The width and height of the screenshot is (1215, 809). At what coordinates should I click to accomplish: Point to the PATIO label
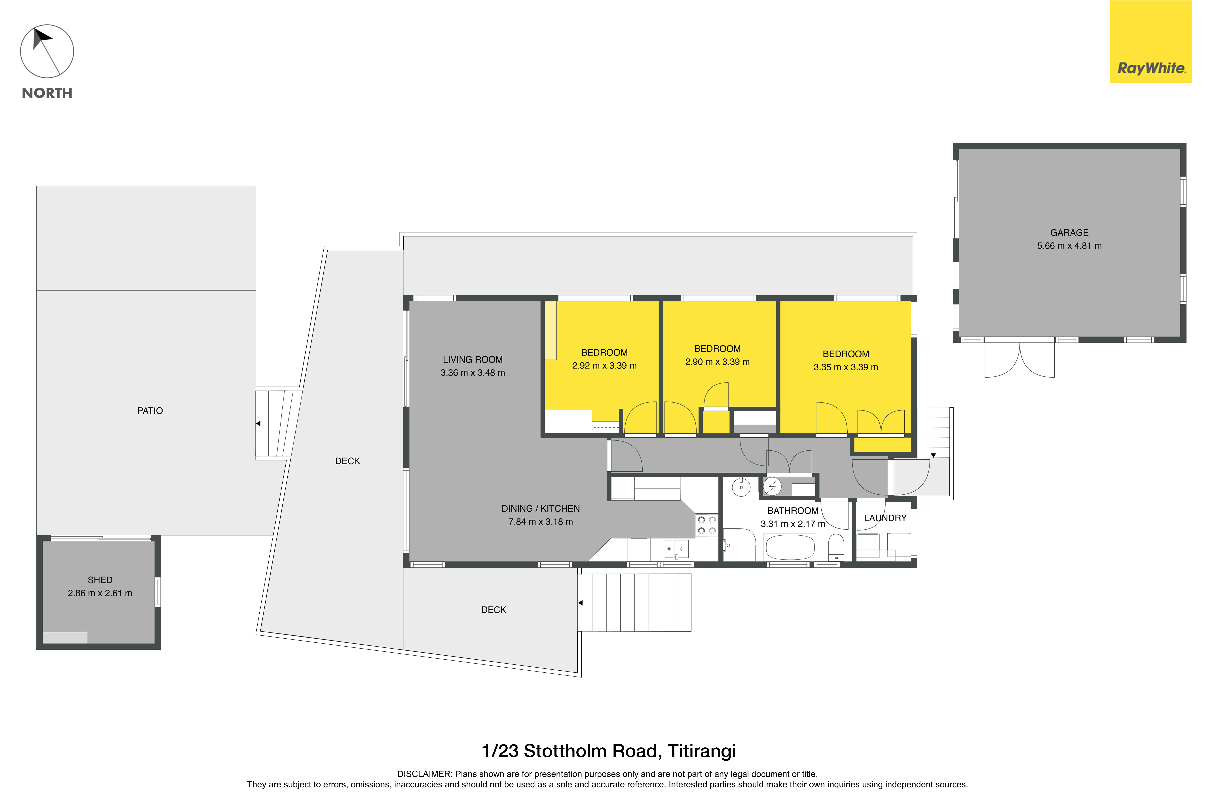tap(150, 411)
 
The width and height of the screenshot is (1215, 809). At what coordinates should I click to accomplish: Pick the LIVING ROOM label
tap(473, 360)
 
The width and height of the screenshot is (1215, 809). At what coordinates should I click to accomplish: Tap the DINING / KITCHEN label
tap(541, 509)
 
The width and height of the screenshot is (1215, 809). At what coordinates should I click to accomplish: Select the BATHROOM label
tap(793, 511)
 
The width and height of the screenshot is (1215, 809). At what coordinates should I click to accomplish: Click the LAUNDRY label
tap(885, 518)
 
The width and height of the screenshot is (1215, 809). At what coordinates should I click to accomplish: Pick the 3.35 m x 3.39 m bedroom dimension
tap(846, 367)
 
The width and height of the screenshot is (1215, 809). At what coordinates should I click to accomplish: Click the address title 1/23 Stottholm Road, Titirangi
tap(609, 751)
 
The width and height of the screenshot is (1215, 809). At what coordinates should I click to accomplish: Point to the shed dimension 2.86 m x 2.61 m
tap(100, 593)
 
